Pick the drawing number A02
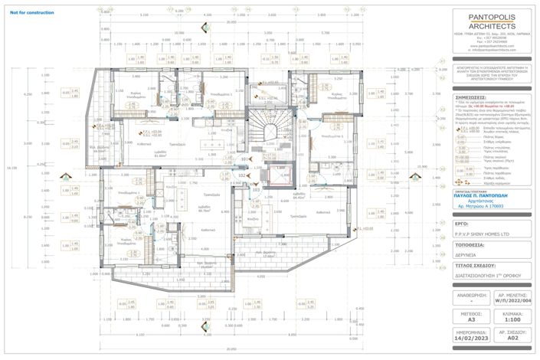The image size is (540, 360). pyautogui.click(x=512, y=336)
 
